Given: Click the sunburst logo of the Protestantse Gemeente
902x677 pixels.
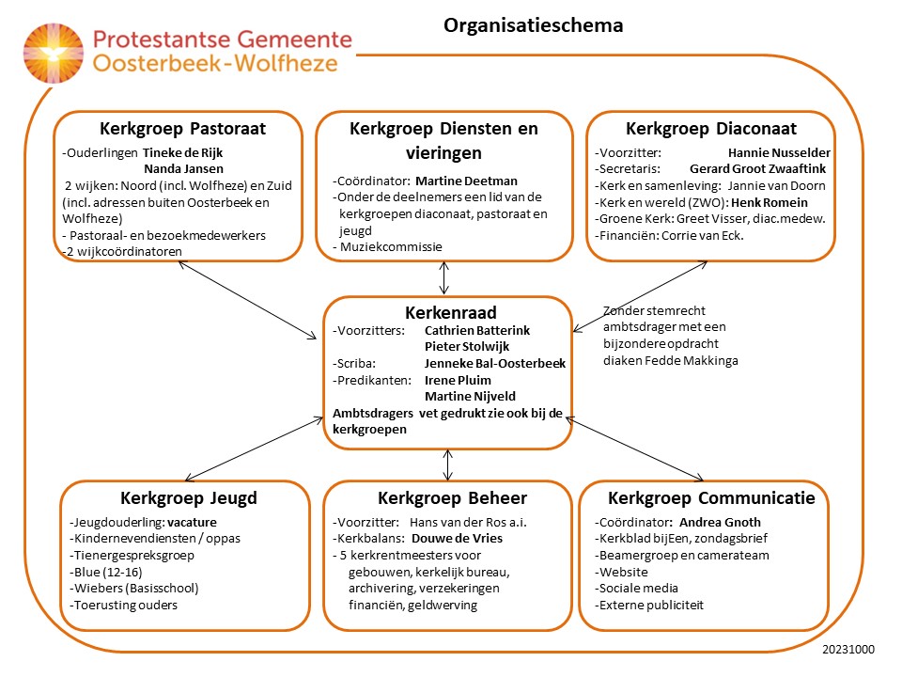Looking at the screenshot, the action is pyautogui.click(x=53, y=53).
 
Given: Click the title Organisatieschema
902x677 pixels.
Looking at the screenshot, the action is pyautogui.click(x=534, y=26).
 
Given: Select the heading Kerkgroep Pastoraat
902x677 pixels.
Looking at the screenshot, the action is pyautogui.click(x=182, y=129).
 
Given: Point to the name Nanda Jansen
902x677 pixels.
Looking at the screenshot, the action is pyautogui.click(x=183, y=169).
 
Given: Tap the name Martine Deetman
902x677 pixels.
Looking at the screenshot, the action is pyautogui.click(x=467, y=181).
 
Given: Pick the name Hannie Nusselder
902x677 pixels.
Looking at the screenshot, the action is pyautogui.click(x=779, y=153).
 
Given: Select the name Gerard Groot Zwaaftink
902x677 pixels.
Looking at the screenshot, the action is pyautogui.click(x=757, y=169).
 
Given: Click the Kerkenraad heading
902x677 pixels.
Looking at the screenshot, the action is pyautogui.click(x=450, y=312).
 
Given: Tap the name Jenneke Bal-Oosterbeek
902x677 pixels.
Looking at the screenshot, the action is pyautogui.click(x=495, y=364).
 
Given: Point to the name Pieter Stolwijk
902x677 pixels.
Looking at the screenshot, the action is pyautogui.click(x=467, y=347).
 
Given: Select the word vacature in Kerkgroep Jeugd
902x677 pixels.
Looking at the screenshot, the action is pyautogui.click(x=192, y=523).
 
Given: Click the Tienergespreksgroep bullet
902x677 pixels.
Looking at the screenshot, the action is pyautogui.click(x=132, y=556).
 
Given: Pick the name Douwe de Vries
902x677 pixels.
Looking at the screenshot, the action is pyautogui.click(x=457, y=539).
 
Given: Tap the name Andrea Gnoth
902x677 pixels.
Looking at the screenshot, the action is pyautogui.click(x=720, y=523).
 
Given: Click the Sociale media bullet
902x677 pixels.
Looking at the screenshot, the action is pyautogui.click(x=636, y=589).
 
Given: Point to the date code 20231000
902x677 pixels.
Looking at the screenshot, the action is pyautogui.click(x=848, y=650).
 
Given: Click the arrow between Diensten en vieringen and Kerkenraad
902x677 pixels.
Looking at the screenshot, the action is pyautogui.click(x=444, y=278).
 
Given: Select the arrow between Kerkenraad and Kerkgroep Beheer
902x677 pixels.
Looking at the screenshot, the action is pyautogui.click(x=448, y=465).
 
